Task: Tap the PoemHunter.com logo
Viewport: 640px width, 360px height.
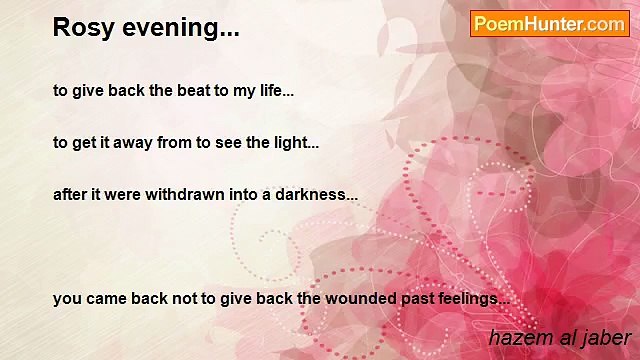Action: (549, 24)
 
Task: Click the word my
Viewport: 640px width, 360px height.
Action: (244, 92)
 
